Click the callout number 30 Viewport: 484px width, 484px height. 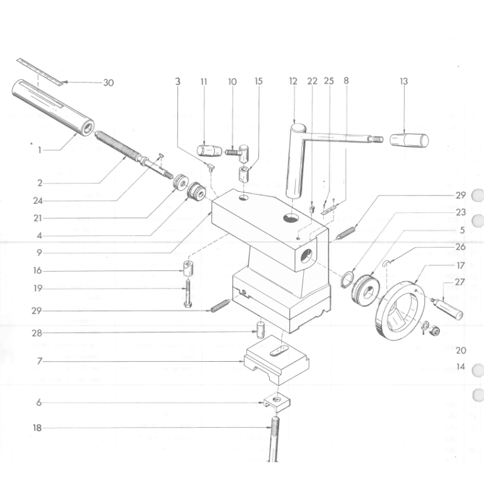(x=108, y=83)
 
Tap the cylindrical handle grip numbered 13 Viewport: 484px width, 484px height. (x=409, y=140)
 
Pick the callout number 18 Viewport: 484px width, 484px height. (x=38, y=428)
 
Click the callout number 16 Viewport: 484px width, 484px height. (x=38, y=270)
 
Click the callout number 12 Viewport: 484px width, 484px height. (x=293, y=81)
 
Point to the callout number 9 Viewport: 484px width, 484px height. (x=38, y=252)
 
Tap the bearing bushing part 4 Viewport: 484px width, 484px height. (x=196, y=193)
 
